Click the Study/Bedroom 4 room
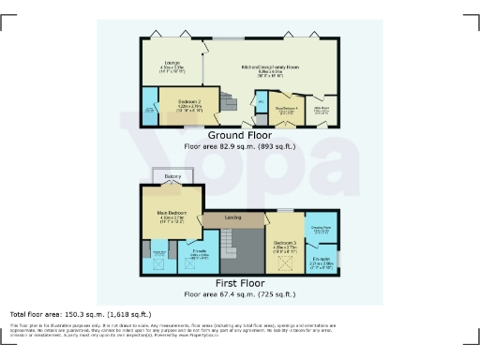(x=287, y=111)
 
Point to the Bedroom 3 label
(x=285, y=246)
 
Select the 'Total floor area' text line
(x=80, y=314)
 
